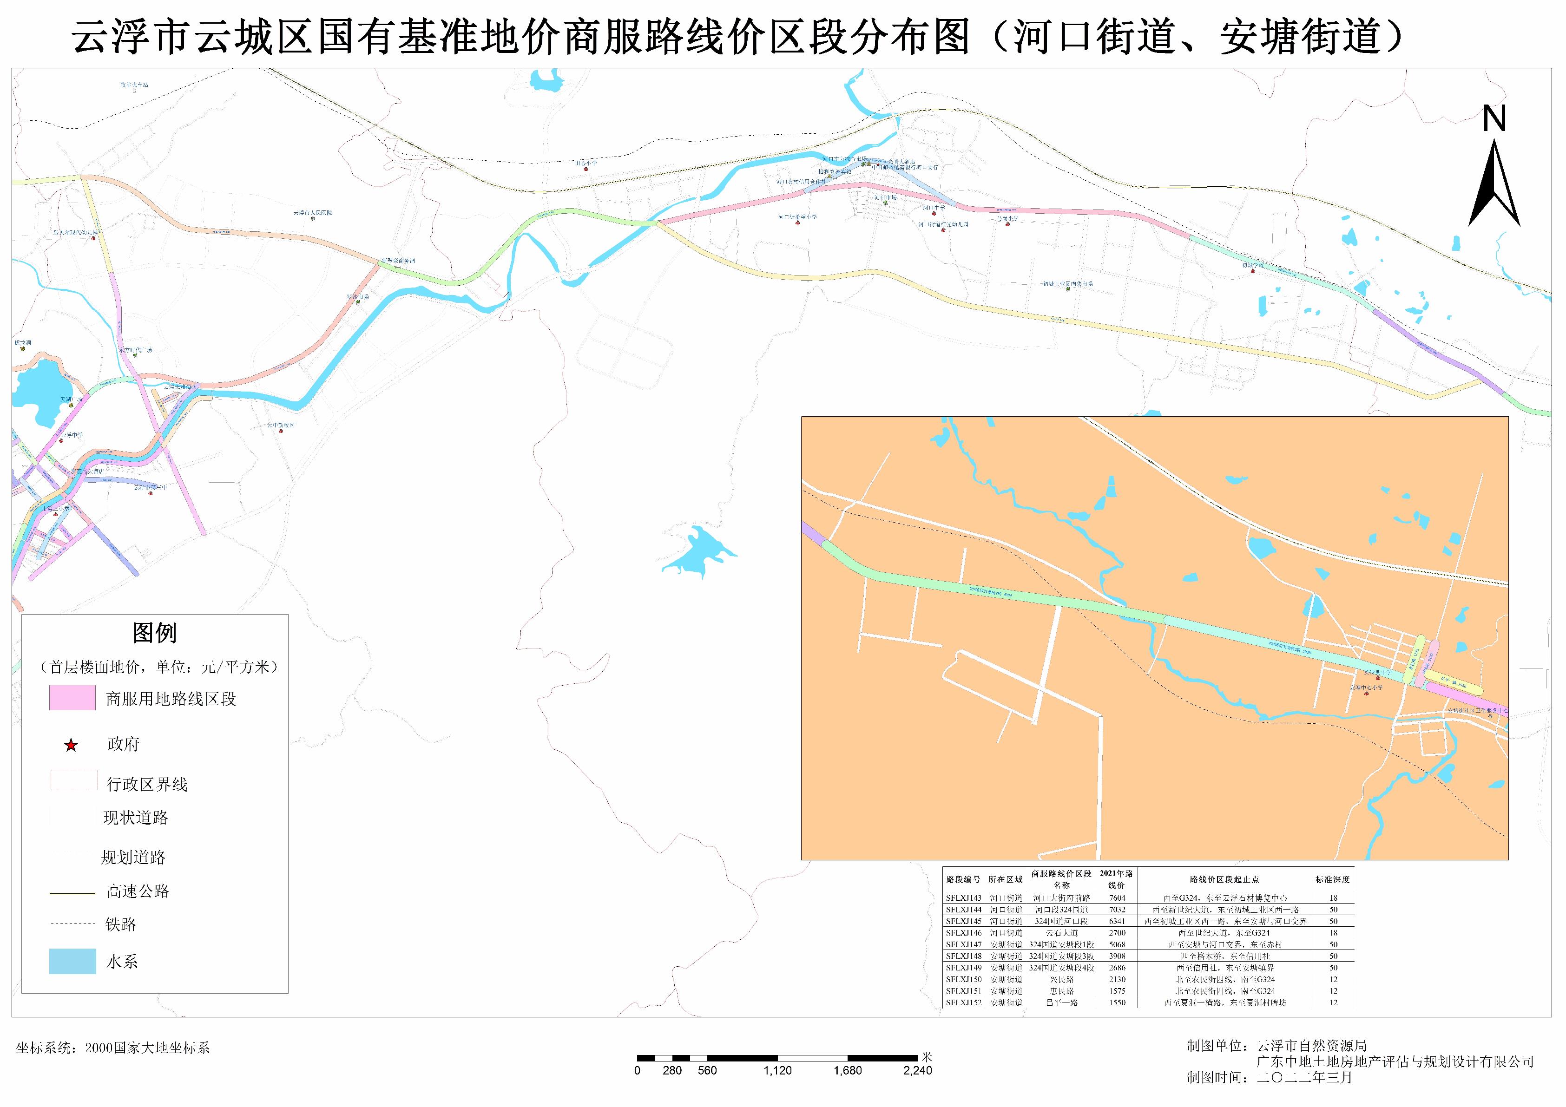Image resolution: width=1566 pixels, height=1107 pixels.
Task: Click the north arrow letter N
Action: [x=1494, y=120]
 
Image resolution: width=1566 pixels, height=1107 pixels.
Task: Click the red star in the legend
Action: [x=71, y=745]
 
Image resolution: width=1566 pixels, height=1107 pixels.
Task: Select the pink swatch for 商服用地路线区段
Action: [x=72, y=698]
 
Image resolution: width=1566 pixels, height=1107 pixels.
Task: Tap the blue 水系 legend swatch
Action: [x=72, y=961]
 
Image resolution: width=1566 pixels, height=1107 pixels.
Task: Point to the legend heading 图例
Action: [x=155, y=633]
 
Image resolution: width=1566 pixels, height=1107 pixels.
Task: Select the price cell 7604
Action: [x=1117, y=898]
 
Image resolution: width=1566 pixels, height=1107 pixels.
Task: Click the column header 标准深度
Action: [x=1333, y=880]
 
